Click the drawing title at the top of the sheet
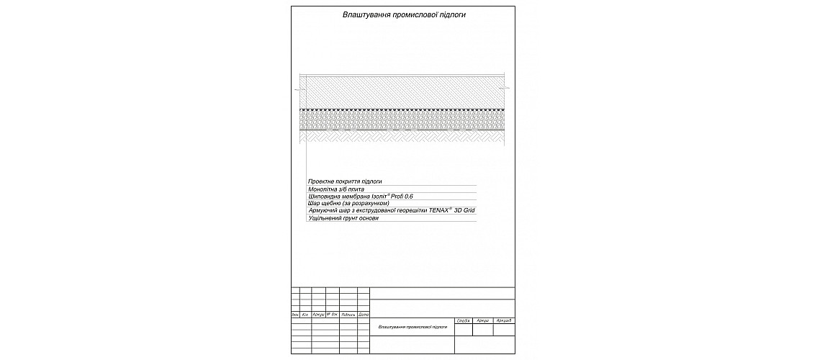tap(403, 14)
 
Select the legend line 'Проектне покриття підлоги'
tap(344, 181)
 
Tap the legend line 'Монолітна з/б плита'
tap(336, 189)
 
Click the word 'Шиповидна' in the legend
tap(323, 197)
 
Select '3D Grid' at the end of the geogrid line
tap(464, 211)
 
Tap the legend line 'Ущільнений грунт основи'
tap(343, 218)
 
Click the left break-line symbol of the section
tap(297, 89)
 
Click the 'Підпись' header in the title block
tap(348, 315)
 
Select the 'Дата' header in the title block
tap(364, 315)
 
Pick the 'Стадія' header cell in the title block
tap(464, 320)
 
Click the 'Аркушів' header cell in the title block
tap(504, 320)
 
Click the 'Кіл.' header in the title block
tap(306, 315)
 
